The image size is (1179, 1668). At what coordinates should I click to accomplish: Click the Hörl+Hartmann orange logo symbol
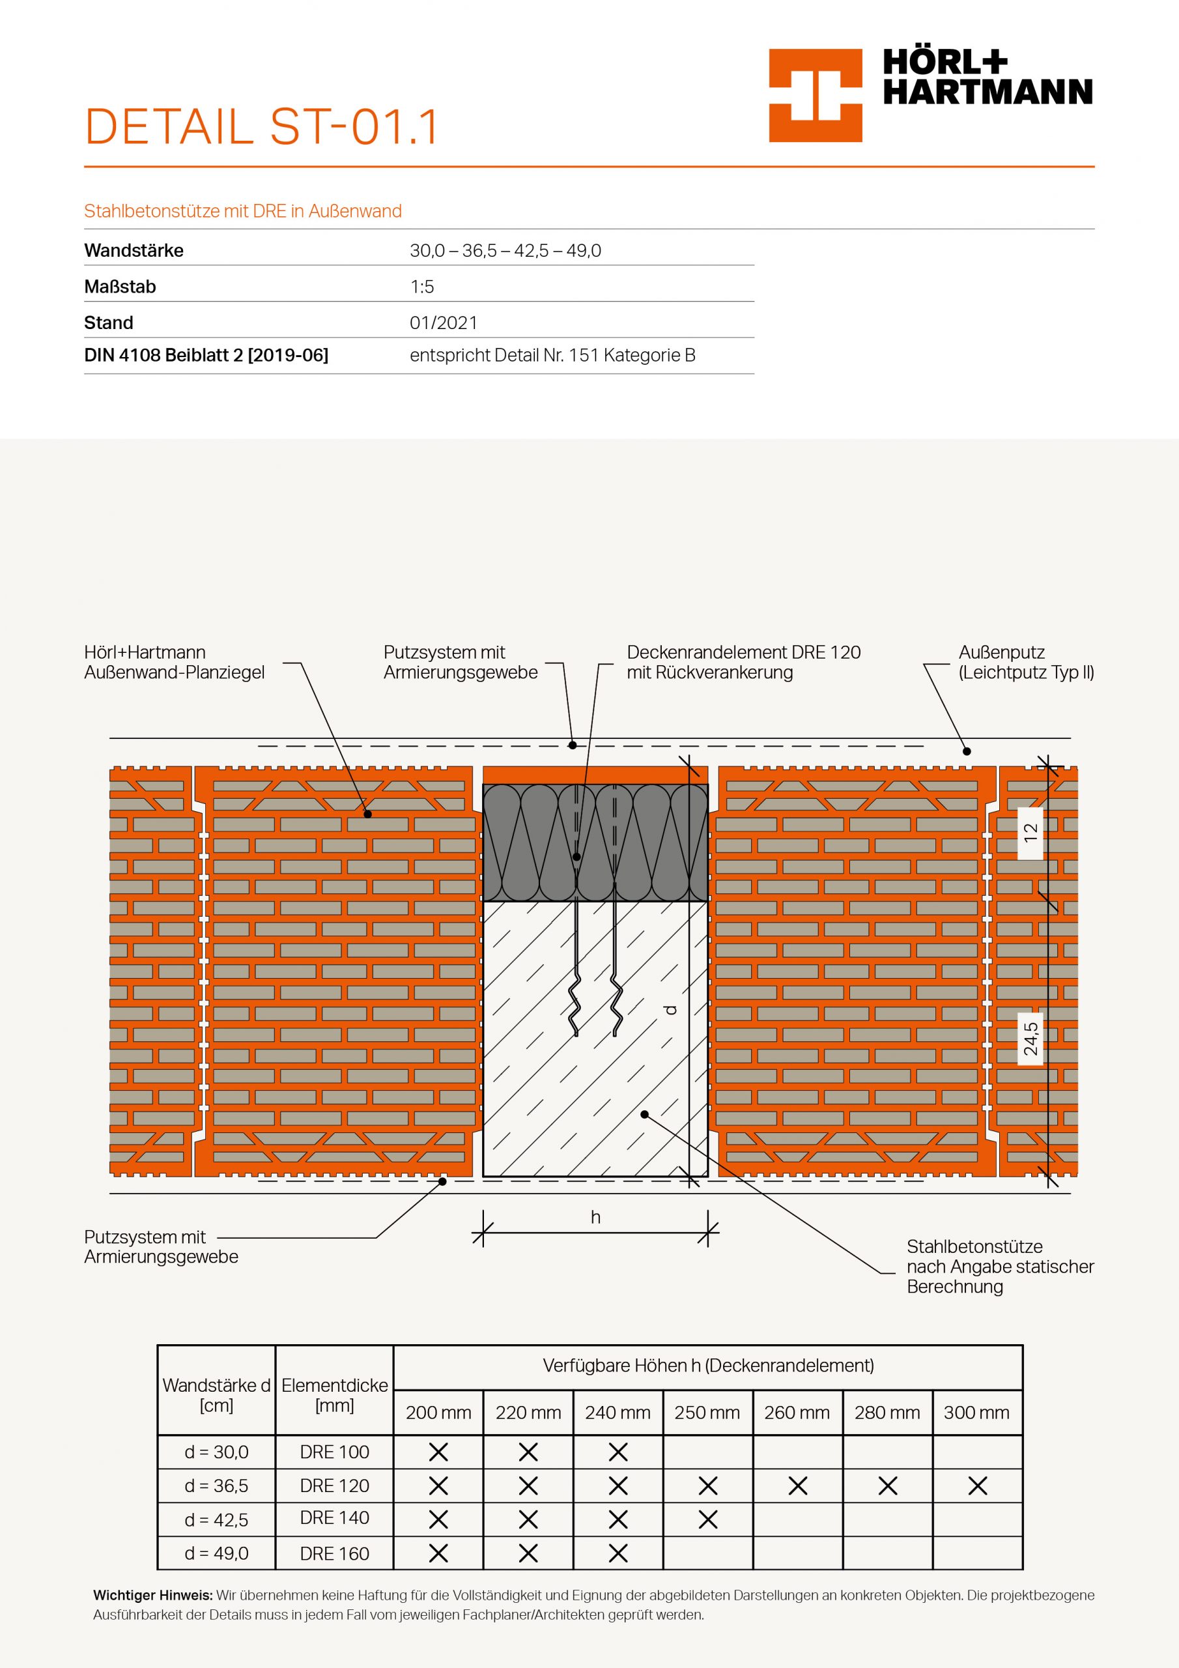coord(815,95)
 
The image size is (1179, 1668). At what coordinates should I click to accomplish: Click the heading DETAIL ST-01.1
coord(261,127)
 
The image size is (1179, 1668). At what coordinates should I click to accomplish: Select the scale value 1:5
coord(422,287)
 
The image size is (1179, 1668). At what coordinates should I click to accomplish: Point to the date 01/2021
coord(443,323)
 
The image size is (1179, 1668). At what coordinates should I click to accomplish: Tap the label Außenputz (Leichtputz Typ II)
coord(1026,663)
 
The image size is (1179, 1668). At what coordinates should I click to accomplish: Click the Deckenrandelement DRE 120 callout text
coord(743,663)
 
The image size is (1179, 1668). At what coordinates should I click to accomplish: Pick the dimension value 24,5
coord(1030,1039)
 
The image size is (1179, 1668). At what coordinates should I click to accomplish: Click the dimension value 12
coord(1030,833)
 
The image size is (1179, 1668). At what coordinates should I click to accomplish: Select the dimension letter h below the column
coord(595,1217)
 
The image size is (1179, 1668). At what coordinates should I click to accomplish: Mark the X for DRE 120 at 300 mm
coord(977,1486)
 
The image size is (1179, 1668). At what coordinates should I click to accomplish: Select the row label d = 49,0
coord(216,1553)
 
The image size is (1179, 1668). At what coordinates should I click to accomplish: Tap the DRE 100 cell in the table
coord(334,1452)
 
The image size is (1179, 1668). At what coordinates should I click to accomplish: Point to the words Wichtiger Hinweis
coord(152,1596)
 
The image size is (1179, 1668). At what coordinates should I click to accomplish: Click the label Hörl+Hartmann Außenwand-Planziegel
coord(175,663)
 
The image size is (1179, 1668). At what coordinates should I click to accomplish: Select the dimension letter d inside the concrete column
coord(671,1009)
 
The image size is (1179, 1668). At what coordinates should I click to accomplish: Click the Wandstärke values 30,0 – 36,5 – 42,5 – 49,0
coord(505,252)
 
